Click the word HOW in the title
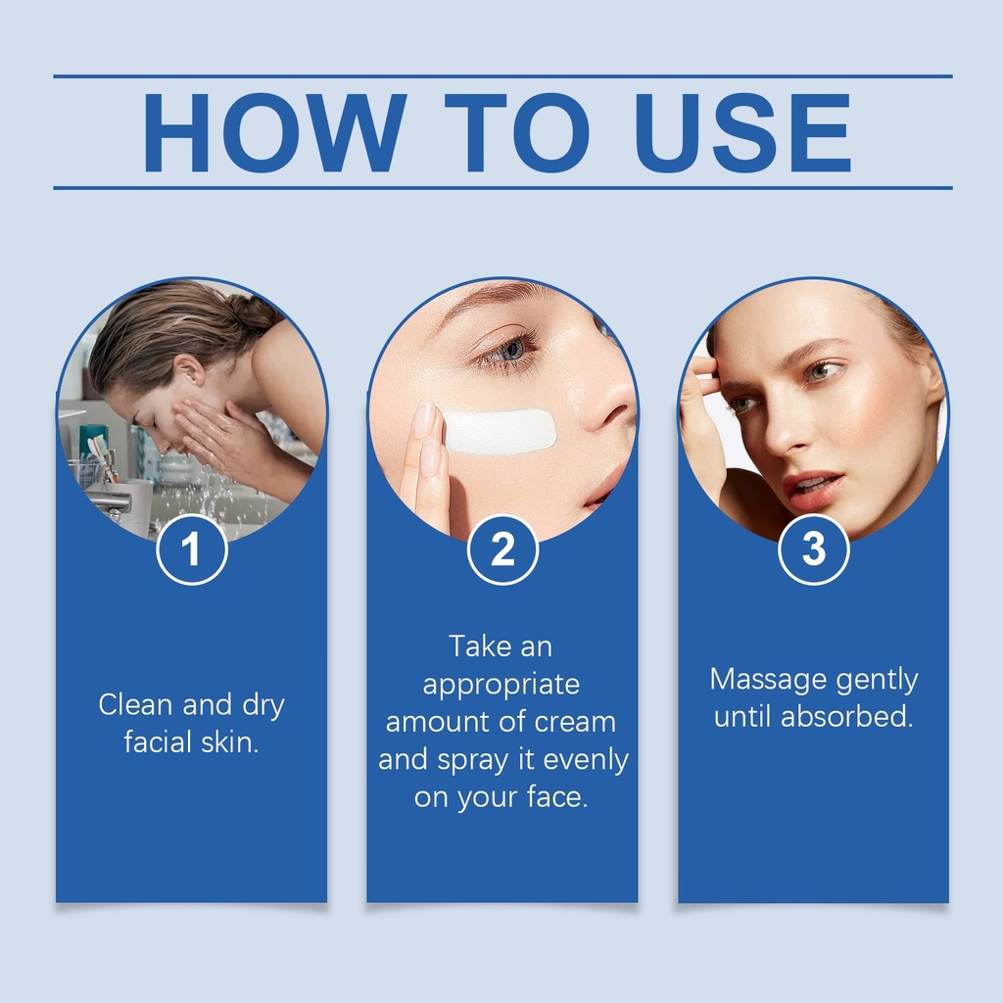(x=274, y=132)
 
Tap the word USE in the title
(x=742, y=132)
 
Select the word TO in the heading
(x=517, y=132)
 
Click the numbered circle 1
(x=192, y=549)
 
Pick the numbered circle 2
(x=502, y=549)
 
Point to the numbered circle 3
(x=814, y=549)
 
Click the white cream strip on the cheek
(x=500, y=431)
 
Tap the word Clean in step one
(x=135, y=705)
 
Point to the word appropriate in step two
(x=501, y=685)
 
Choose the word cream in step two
(x=574, y=722)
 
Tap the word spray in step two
(x=474, y=761)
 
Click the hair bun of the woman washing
(x=256, y=312)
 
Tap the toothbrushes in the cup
(x=102, y=455)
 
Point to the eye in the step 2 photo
(x=508, y=352)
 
